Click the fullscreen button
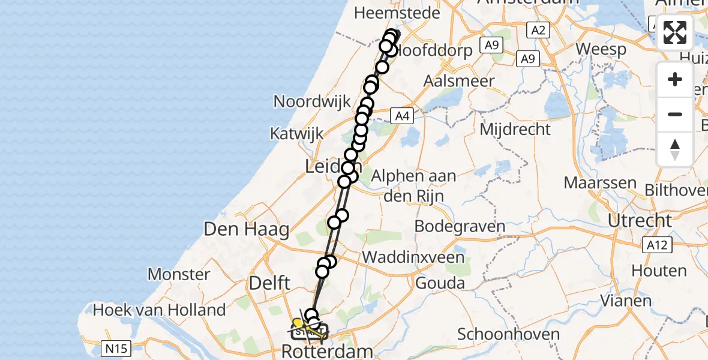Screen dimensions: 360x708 (675, 32)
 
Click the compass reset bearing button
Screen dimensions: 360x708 (675, 149)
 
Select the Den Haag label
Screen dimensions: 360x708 (247, 229)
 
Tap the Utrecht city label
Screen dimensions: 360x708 (639, 220)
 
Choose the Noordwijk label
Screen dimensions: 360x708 (312, 101)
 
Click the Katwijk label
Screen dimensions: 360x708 (296, 133)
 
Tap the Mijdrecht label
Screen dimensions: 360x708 (515, 128)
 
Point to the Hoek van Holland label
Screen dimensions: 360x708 (160, 310)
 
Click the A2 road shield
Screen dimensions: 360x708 (538, 29)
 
